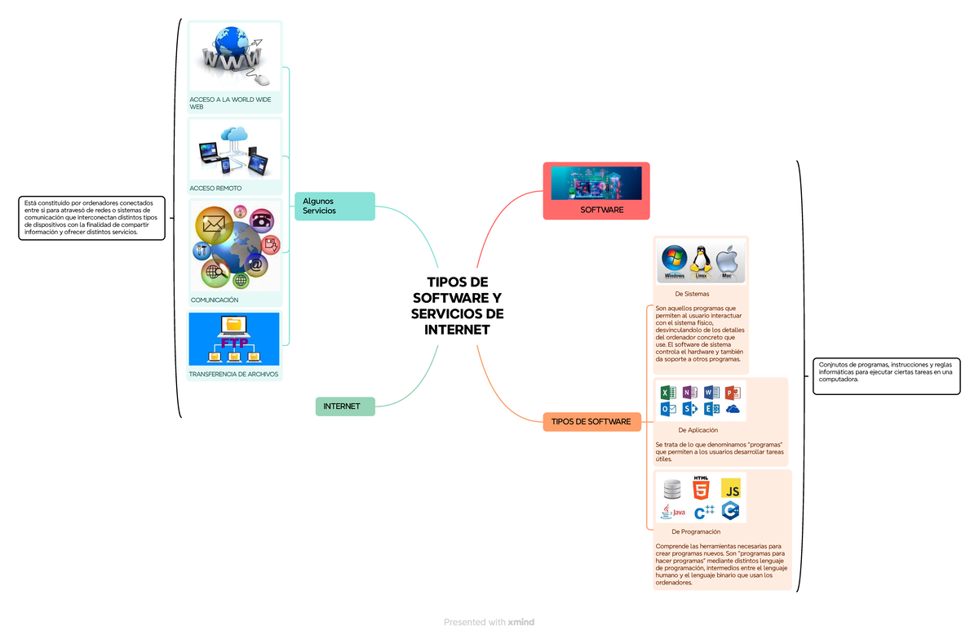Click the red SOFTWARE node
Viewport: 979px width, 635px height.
[x=596, y=191]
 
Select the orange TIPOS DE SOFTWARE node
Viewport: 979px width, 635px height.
[x=591, y=422]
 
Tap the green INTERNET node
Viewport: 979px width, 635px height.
[x=345, y=406]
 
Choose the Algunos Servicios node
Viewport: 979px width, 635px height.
[x=334, y=206]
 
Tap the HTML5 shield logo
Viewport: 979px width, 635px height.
[x=701, y=487]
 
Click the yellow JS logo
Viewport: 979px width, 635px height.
[x=731, y=488]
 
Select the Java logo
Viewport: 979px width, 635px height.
[x=673, y=511]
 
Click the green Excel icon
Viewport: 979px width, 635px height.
[x=668, y=393]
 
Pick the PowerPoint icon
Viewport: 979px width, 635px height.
[x=733, y=393]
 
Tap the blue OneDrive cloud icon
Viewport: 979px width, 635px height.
[x=733, y=410]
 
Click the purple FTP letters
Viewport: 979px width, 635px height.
[x=234, y=343]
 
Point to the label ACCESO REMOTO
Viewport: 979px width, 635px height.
[x=215, y=188]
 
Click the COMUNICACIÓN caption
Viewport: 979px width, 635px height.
[x=214, y=300]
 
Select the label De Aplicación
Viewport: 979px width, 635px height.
[x=698, y=430]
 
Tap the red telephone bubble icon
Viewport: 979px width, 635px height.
[x=262, y=221]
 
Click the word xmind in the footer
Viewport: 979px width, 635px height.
[x=521, y=622]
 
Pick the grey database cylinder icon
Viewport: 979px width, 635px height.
[x=672, y=489]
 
